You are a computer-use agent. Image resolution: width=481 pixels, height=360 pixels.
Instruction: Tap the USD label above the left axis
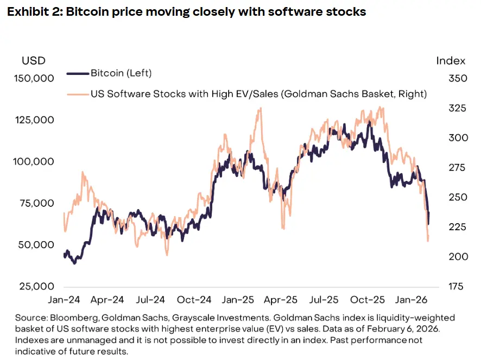click(x=34, y=60)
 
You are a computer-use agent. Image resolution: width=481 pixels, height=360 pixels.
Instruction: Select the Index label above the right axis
click(x=451, y=60)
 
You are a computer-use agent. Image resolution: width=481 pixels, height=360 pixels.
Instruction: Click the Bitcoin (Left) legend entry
click(x=121, y=73)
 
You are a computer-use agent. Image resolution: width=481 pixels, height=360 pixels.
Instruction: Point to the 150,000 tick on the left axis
click(x=34, y=78)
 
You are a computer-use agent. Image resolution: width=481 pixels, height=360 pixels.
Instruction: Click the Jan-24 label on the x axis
click(x=64, y=299)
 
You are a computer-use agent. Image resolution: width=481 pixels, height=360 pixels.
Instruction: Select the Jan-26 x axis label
click(x=412, y=299)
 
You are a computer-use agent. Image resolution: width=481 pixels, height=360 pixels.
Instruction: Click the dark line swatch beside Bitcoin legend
click(x=77, y=73)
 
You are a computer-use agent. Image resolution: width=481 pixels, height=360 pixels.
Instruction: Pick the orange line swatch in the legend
click(x=77, y=94)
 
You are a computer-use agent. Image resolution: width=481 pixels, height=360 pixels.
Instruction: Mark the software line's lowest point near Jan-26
click(x=428, y=241)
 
